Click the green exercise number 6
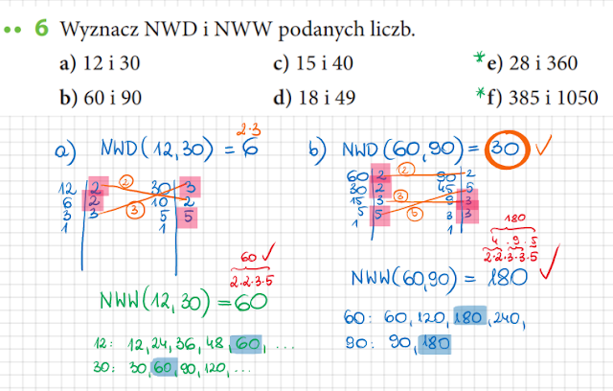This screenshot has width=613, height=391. click(x=42, y=29)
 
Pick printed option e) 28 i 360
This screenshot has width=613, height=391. click(x=532, y=65)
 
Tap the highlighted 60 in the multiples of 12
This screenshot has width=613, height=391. click(x=246, y=342)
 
